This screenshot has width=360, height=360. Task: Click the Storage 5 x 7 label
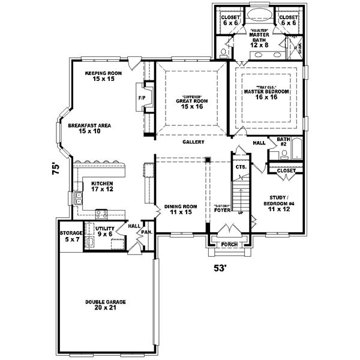[70, 236]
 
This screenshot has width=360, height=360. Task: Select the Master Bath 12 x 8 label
[259, 38]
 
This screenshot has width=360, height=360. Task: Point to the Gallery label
[194, 142]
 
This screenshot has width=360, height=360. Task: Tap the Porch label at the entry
[229, 245]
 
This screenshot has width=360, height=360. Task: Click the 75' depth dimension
[56, 169]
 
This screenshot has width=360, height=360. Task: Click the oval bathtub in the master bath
[259, 15]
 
